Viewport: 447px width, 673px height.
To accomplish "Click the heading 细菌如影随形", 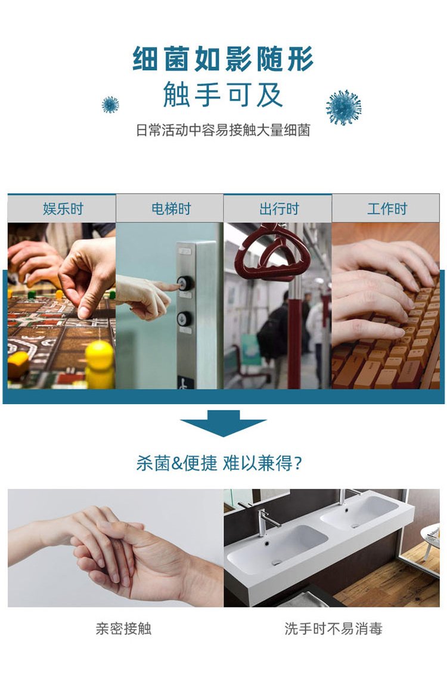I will [x=223, y=60].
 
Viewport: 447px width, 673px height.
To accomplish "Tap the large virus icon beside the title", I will [x=344, y=107].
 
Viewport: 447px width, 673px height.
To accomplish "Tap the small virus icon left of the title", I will [x=110, y=105].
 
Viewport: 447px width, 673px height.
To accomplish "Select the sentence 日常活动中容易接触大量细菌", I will [x=223, y=131].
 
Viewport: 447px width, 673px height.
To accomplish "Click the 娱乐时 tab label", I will [x=62, y=209].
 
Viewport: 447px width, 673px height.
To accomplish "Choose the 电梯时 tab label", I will [x=170, y=209].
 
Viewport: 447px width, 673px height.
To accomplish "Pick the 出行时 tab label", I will [x=278, y=209].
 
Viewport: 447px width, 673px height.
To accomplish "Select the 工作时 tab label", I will [x=386, y=209].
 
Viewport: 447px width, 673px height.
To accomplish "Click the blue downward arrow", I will [x=223, y=423].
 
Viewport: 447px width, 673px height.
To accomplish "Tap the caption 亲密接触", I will [x=123, y=628].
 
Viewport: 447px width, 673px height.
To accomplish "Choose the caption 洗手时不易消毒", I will [x=333, y=628].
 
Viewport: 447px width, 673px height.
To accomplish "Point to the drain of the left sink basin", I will [x=277, y=562].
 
